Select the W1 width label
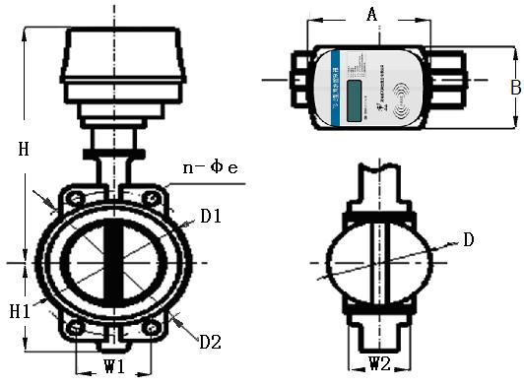pos(114,368)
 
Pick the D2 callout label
pos(210,343)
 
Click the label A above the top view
pos(371,14)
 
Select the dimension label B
pos(514,87)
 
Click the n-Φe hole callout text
pos(209,167)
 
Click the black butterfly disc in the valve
pos(111,264)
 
